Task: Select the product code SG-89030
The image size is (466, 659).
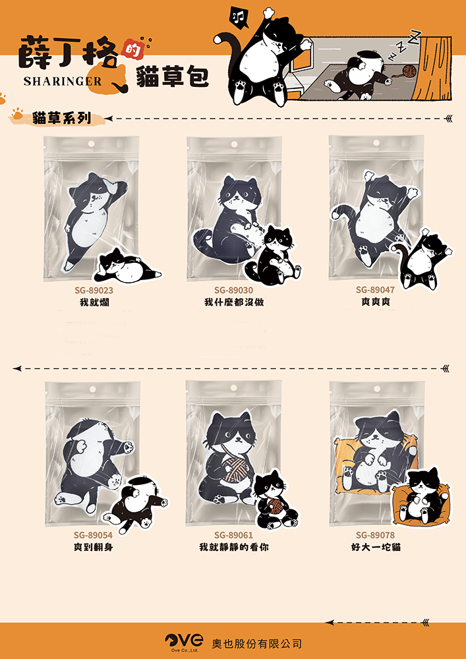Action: pyautogui.click(x=233, y=290)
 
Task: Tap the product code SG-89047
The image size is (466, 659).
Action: pyautogui.click(x=376, y=290)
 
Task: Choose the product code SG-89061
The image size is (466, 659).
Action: pyautogui.click(x=233, y=535)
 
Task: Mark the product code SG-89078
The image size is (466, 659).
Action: pyautogui.click(x=376, y=535)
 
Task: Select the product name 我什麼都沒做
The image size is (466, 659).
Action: pyautogui.click(x=233, y=302)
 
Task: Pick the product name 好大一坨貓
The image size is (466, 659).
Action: pyautogui.click(x=376, y=548)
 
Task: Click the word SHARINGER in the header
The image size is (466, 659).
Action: pyautogui.click(x=63, y=82)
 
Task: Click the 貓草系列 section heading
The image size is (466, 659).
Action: pyautogui.click(x=61, y=119)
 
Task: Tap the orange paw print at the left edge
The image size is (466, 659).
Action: pyautogui.click(x=3, y=100)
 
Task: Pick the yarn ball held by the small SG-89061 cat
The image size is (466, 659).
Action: pyautogui.click(x=273, y=507)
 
